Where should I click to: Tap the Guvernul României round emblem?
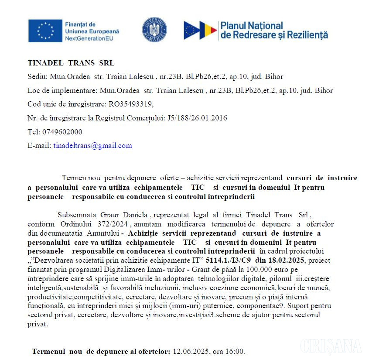pos(154,30)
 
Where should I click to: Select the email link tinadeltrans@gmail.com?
pos(92,146)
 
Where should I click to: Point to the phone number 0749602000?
pos(62,132)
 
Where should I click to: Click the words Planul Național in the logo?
pos(252,26)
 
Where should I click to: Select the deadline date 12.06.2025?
pos(190,351)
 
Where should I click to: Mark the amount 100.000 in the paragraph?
pos(253,268)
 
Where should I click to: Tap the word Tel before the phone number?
pos(33,132)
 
